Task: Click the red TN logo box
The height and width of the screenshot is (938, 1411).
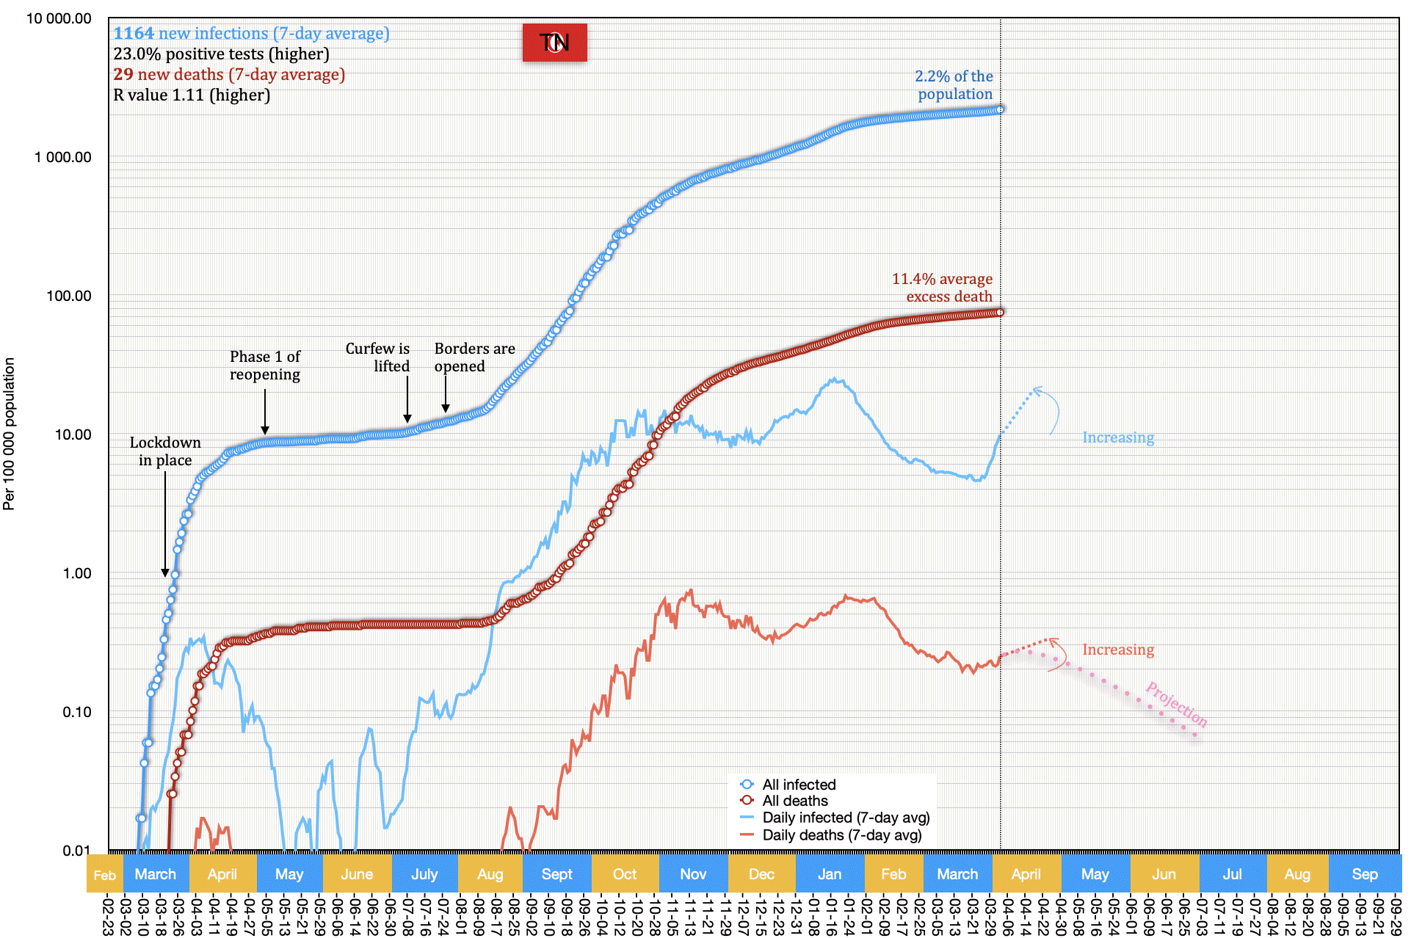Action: tap(554, 43)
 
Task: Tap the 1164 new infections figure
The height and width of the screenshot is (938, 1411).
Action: tap(134, 34)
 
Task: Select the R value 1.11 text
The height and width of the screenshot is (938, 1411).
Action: tap(192, 95)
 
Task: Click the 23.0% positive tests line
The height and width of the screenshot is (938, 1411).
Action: tap(221, 54)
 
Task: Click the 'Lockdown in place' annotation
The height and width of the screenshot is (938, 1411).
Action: tap(165, 451)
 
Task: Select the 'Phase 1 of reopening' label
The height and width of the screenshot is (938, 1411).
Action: tap(265, 366)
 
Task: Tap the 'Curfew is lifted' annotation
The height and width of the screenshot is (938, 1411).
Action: tap(378, 357)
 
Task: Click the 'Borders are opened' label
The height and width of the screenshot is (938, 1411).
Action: tap(474, 357)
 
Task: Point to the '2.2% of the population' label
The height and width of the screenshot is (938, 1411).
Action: tap(954, 85)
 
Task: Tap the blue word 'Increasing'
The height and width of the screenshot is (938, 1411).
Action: tap(1117, 438)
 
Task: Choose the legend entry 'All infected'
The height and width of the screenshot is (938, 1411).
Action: tap(799, 785)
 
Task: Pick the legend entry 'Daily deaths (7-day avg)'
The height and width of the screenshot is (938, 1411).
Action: tap(841, 835)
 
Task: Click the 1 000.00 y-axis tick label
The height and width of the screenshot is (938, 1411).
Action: tap(63, 158)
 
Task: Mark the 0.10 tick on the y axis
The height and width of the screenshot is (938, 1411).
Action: tap(76, 713)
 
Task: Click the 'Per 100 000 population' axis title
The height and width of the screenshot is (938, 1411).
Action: tap(9, 434)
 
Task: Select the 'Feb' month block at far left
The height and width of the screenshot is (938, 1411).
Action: tap(104, 875)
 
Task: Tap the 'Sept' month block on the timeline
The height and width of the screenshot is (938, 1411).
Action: tap(556, 874)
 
